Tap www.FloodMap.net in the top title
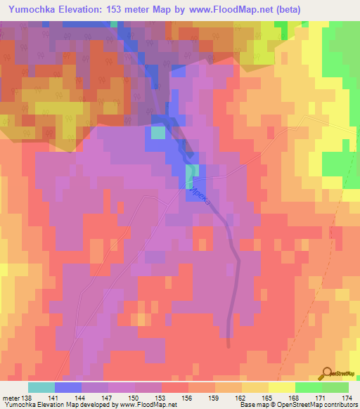(240, 11)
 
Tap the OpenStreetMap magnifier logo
(328, 373)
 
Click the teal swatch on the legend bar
(41, 387)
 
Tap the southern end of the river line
(229, 344)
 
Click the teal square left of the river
(158, 133)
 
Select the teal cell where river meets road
(192, 174)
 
